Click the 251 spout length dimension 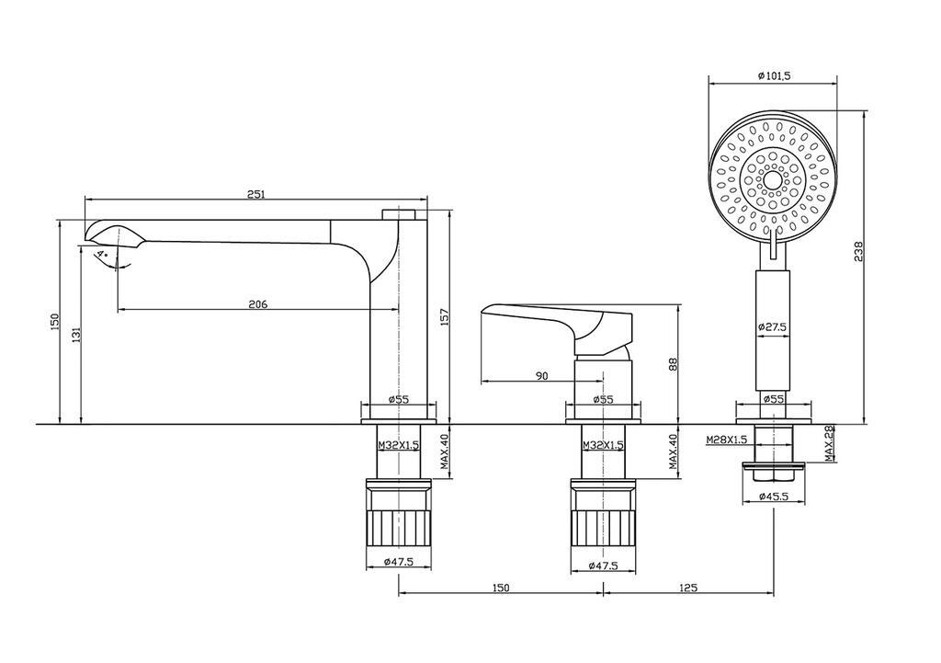pyautogui.click(x=256, y=194)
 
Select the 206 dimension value pyautogui.click(x=257, y=304)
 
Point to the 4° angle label pyautogui.click(x=102, y=251)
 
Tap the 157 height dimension pyautogui.click(x=445, y=317)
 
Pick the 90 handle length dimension pyautogui.click(x=541, y=375)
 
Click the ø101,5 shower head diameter pyautogui.click(x=773, y=76)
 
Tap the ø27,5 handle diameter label pyautogui.click(x=773, y=326)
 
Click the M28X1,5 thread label pyautogui.click(x=725, y=440)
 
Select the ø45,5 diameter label pyautogui.click(x=774, y=497)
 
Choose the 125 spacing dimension pyautogui.click(x=688, y=588)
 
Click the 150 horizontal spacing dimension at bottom pyautogui.click(x=501, y=588)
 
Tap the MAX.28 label pyautogui.click(x=828, y=444)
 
